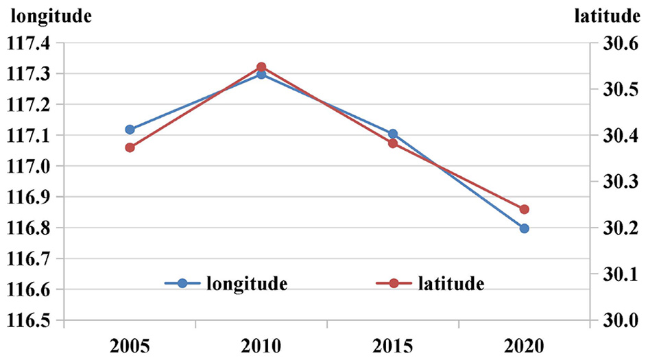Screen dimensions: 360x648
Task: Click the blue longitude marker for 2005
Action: coord(130,130)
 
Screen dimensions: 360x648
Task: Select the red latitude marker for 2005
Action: coord(130,147)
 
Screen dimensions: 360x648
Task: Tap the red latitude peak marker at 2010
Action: coord(261,67)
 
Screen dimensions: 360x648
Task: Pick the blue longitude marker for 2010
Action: coord(261,74)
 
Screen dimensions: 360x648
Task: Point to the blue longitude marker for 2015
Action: coord(393,134)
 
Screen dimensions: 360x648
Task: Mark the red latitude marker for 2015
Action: coord(393,143)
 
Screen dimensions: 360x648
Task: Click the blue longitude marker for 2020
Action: coord(525,228)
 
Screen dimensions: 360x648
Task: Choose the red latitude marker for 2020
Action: coord(525,209)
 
